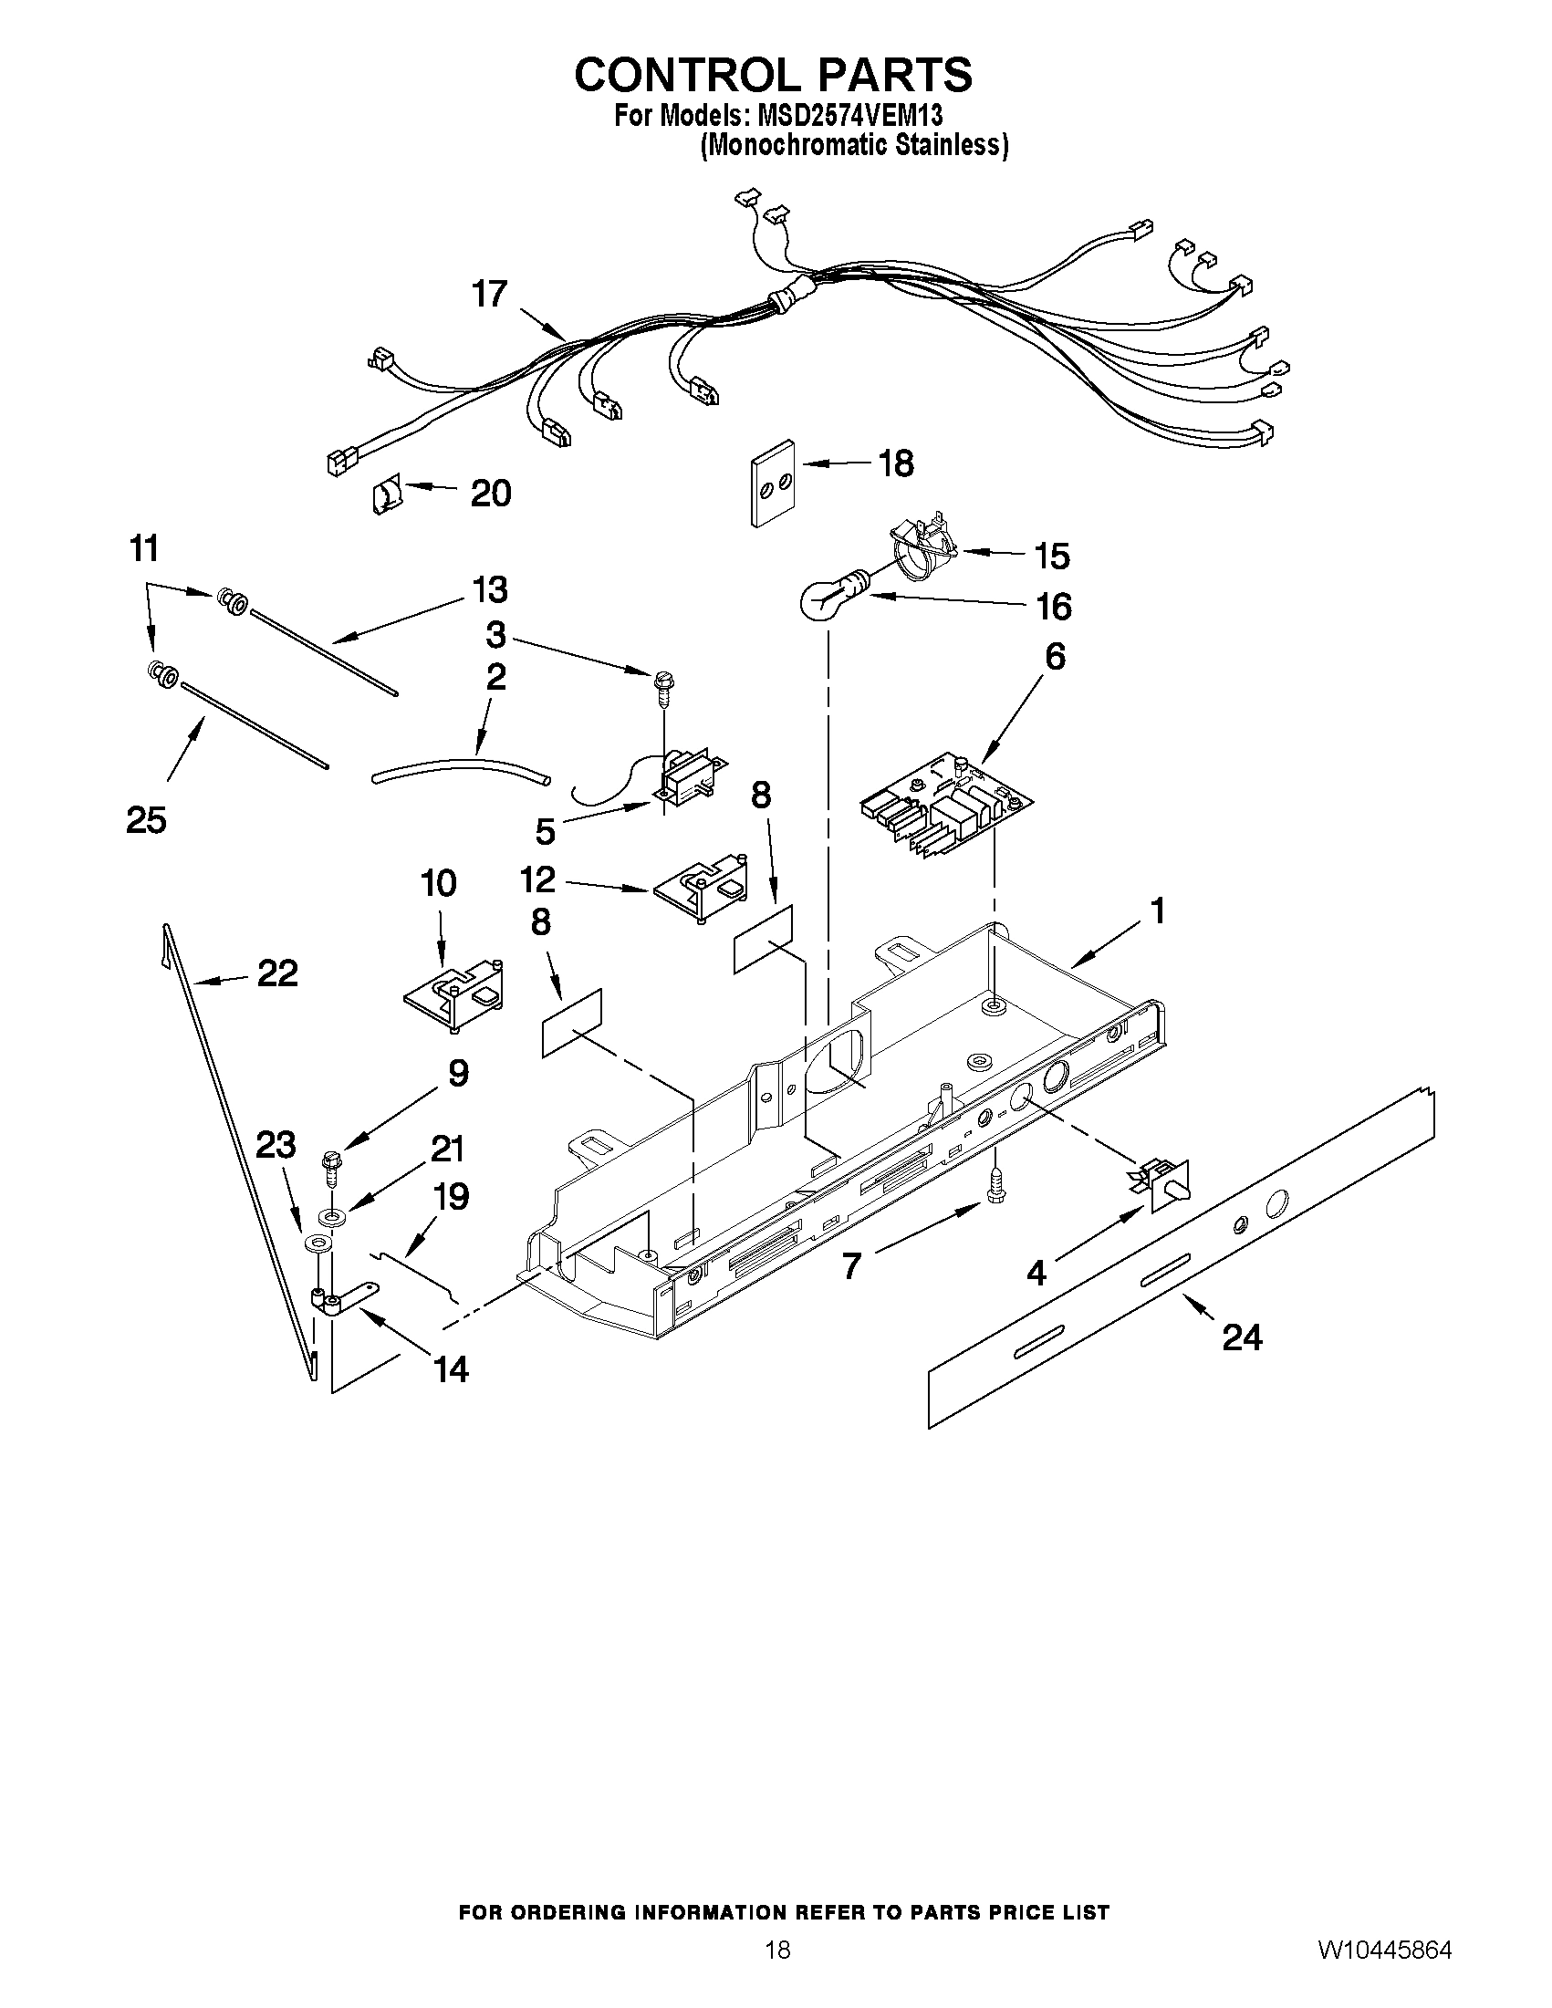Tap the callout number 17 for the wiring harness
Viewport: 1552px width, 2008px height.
point(489,294)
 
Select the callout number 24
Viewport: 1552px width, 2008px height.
point(1241,1337)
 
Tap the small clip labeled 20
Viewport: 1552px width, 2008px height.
point(385,497)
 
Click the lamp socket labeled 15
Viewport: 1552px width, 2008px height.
point(920,552)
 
